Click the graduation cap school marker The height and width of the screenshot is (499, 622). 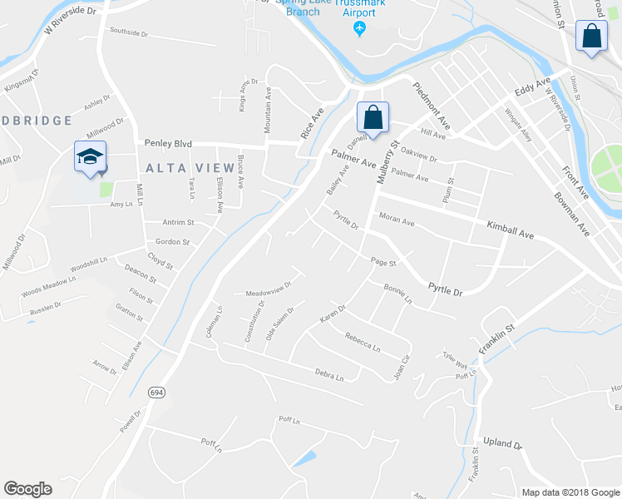tap(91, 156)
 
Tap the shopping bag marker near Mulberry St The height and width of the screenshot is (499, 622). tap(373, 117)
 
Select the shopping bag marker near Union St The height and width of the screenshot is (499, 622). tap(591, 37)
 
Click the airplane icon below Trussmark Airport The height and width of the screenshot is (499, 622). tap(359, 30)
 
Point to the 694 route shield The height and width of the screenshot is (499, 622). tap(156, 391)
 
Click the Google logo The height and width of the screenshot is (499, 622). tap(27, 489)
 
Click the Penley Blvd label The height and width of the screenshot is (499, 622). tap(167, 143)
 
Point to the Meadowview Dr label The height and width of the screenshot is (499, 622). tap(269, 289)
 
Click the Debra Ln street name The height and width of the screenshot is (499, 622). tap(328, 373)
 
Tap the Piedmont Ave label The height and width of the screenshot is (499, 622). tap(431, 106)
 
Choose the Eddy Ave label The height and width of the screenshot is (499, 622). tap(532, 86)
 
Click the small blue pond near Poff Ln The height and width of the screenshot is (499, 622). tap(304, 457)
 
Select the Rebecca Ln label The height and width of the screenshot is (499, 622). tap(363, 341)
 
